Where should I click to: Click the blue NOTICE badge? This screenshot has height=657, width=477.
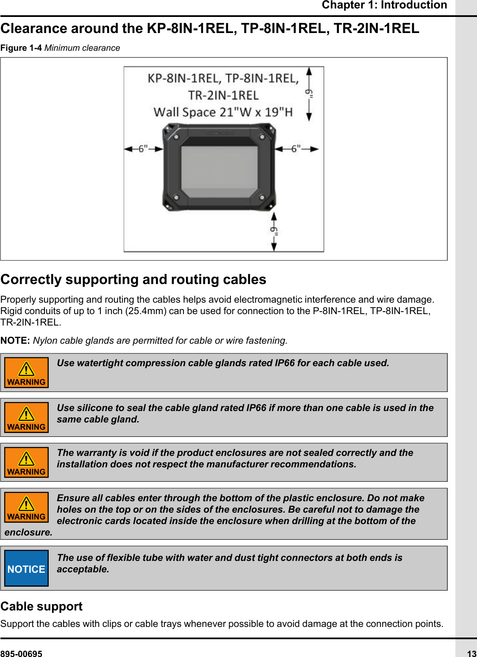(x=26, y=569)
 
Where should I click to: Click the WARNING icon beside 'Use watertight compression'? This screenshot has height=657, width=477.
(x=26, y=373)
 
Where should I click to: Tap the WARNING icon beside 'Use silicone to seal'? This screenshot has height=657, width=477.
(x=26, y=418)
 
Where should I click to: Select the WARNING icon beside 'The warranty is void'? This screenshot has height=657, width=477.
(x=26, y=463)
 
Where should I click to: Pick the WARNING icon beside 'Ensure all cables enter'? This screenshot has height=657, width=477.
(x=26, y=508)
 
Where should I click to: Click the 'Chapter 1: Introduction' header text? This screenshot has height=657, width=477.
(x=384, y=5)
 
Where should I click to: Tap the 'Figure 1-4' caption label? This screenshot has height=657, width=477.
(x=21, y=48)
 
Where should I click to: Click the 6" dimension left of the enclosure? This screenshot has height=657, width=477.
(x=143, y=149)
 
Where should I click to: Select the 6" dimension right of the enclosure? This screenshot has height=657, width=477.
(x=296, y=149)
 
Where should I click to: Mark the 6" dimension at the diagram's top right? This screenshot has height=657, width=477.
(x=309, y=94)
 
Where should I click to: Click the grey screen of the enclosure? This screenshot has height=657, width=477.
(x=219, y=171)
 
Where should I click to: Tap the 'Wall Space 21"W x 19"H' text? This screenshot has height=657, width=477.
(x=223, y=112)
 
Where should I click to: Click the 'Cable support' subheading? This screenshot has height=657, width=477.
(x=42, y=606)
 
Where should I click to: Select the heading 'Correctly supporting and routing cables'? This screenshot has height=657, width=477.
(x=133, y=279)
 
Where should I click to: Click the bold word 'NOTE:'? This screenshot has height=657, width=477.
(x=15, y=341)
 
